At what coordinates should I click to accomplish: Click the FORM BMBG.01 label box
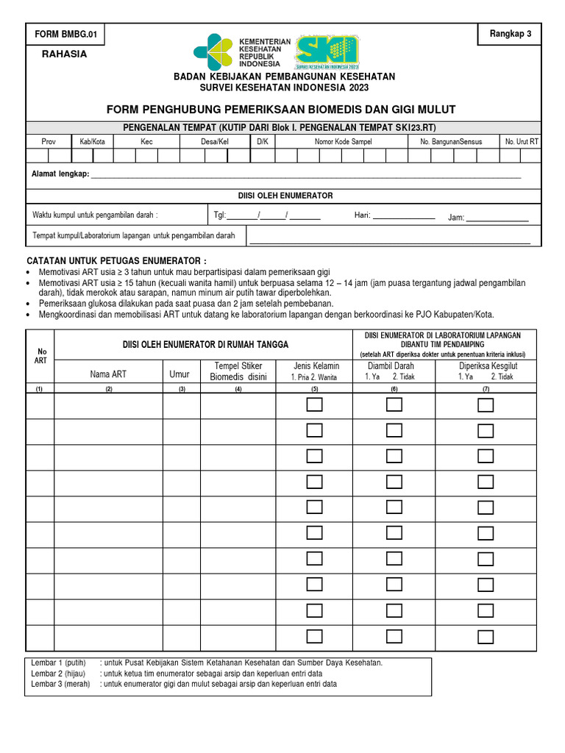(66, 34)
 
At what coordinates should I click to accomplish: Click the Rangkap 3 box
(510, 34)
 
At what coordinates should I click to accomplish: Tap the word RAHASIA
(64, 54)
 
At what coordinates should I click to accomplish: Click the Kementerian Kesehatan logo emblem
(213, 51)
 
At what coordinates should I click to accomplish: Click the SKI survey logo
(327, 52)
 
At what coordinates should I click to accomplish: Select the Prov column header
(48, 141)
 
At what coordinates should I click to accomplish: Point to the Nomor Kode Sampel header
(343, 141)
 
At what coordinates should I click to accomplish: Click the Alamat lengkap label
(60, 174)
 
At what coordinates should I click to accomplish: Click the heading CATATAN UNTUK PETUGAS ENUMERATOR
(116, 261)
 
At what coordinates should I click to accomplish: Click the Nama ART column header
(108, 374)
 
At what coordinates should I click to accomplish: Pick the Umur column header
(180, 374)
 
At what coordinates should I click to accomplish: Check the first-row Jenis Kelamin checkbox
(315, 404)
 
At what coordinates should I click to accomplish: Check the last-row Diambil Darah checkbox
(394, 636)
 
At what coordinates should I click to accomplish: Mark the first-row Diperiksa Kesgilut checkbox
(486, 404)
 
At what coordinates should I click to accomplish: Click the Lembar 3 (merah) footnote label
(60, 684)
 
